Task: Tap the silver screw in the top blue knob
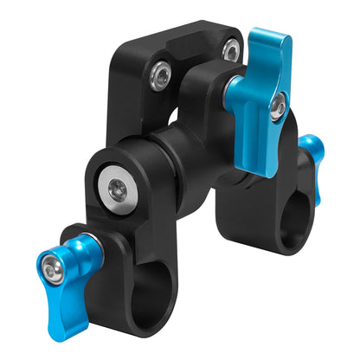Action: [275, 107]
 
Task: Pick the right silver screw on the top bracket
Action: [230, 50]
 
